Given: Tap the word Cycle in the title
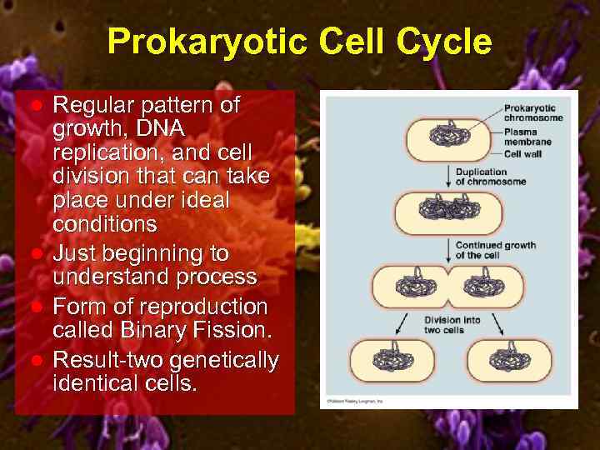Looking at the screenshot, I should click(x=445, y=42).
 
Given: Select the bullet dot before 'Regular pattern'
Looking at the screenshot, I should click(x=37, y=106).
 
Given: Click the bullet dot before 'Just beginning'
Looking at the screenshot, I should click(x=37, y=252).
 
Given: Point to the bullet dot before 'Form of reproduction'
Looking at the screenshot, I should click(x=37, y=307).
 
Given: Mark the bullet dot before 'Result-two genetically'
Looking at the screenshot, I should click(x=37, y=360).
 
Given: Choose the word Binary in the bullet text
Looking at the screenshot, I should click(x=160, y=330).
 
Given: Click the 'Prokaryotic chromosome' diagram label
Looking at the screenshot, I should click(x=532, y=112).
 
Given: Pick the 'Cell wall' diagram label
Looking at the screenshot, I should click(x=523, y=153).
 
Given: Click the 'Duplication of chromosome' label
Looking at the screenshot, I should click(x=491, y=177).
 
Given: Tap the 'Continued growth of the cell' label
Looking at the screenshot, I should click(x=495, y=250).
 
